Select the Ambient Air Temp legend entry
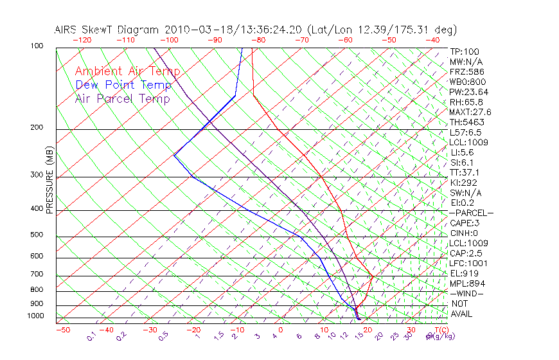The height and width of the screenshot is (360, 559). click(127, 71)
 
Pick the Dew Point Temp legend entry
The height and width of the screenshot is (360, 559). click(123, 85)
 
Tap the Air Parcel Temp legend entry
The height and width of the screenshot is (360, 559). click(123, 98)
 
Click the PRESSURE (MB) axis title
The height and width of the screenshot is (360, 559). click(49, 181)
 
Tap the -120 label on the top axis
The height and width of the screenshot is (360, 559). click(81, 40)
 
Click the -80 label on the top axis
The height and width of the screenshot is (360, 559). click(258, 40)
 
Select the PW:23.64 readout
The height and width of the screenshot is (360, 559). click(469, 92)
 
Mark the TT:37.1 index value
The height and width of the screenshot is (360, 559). click(465, 172)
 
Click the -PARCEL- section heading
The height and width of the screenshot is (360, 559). click(471, 213)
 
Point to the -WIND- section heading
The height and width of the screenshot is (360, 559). click(467, 293)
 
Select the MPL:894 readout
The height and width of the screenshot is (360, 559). click(467, 283)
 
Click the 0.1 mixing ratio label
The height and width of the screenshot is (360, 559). click(91, 337)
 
